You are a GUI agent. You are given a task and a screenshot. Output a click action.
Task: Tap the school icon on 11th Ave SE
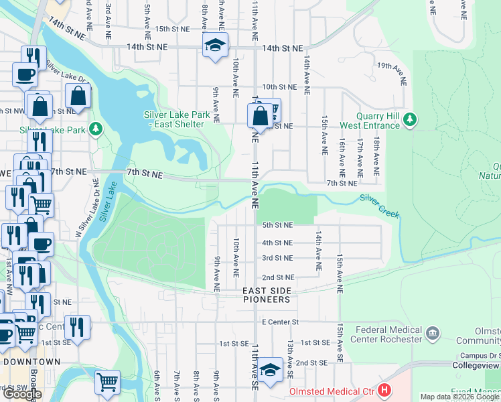tap(270, 370)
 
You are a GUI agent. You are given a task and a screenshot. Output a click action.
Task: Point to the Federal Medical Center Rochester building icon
tap(432, 332)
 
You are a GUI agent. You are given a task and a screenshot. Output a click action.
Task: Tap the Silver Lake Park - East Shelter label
tap(177, 119)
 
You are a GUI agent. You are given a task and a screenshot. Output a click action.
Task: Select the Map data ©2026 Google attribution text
tap(459, 397)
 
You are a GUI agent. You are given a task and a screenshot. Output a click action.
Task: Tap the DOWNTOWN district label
tap(31, 362)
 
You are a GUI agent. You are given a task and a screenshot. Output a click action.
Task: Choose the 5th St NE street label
tap(277, 225)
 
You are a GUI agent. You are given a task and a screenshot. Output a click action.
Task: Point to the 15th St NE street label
tap(171, 29)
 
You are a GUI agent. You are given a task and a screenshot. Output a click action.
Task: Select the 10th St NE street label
tap(279, 87)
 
